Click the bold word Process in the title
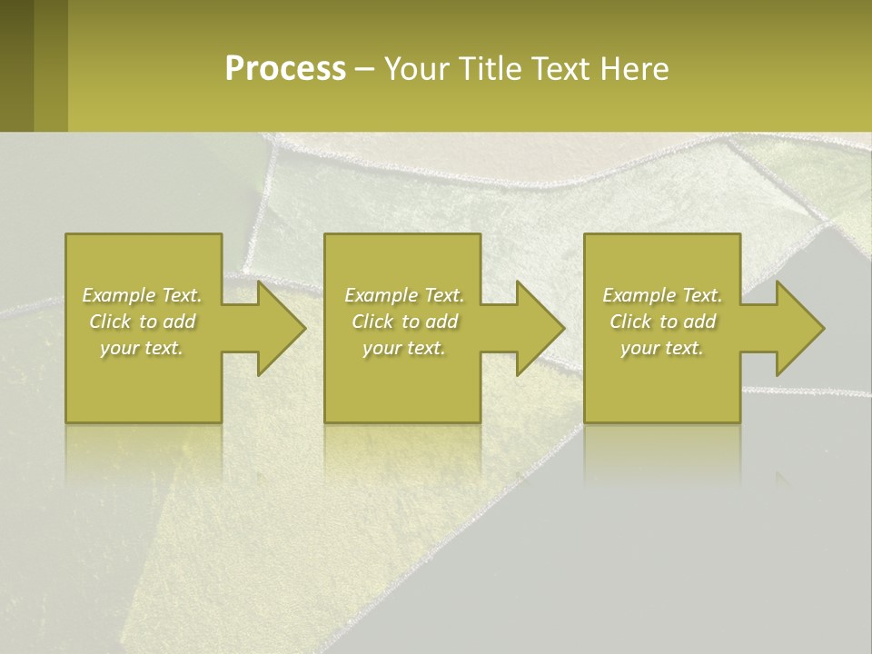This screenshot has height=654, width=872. pos(285,69)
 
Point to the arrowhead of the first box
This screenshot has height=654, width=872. pos(280,328)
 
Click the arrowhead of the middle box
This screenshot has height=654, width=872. pos(539,328)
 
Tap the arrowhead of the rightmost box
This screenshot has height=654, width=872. pos(798,328)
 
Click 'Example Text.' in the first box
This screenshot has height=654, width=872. pos(142,295)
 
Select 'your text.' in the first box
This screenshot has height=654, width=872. pos(142,348)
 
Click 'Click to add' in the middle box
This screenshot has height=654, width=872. pos(404,322)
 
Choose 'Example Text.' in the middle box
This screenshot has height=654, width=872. pos(404,295)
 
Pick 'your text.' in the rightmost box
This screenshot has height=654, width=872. pos(662,348)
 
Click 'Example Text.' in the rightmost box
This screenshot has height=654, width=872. pos(662,295)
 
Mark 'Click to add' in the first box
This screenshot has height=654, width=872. pos(142,322)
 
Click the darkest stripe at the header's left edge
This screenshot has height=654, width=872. pos(16,65)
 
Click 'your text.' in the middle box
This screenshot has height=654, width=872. pos(404,348)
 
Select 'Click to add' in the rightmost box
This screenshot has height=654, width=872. pos(662,322)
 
